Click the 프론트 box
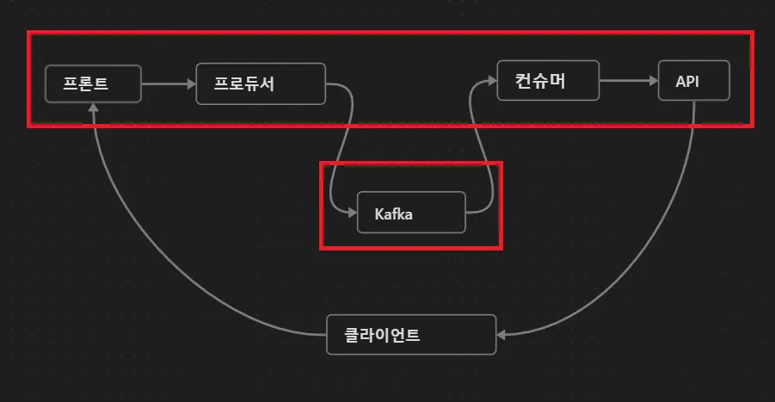(93, 83)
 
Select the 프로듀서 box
(261, 83)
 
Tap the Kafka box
(411, 213)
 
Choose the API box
(693, 82)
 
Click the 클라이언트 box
(411, 334)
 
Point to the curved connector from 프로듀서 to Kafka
(342, 146)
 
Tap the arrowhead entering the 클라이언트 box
(503, 334)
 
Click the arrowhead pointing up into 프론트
(93, 107)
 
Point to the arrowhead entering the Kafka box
(352, 213)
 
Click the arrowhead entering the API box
(652, 82)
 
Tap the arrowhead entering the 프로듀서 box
(191, 83)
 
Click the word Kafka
(393, 213)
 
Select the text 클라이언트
(382, 335)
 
